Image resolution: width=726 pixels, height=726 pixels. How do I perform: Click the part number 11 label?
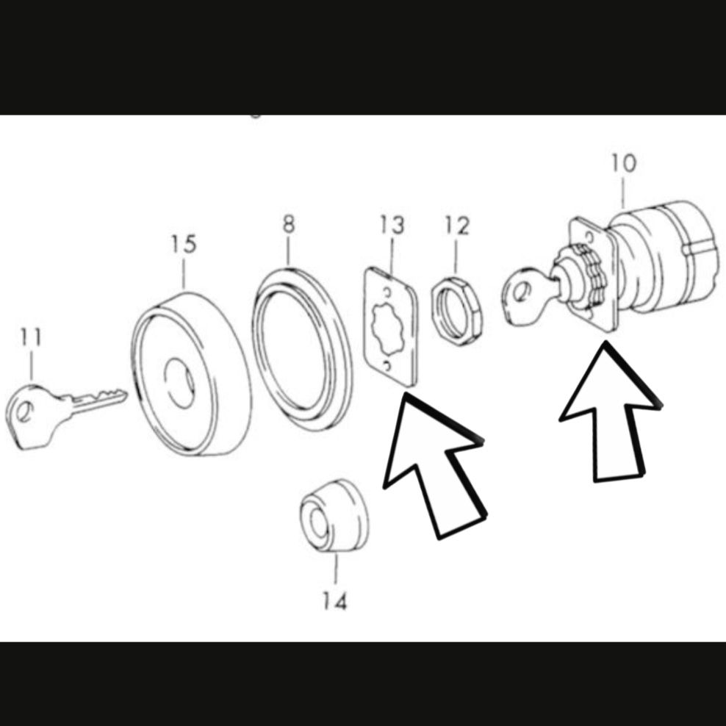click(31, 337)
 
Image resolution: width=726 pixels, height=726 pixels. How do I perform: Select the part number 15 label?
click(184, 244)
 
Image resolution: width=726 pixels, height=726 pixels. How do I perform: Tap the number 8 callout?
click(288, 224)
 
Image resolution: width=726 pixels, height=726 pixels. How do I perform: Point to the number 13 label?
click(392, 225)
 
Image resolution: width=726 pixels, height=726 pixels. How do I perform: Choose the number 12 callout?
click(456, 226)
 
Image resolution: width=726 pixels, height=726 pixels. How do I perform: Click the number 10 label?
click(624, 163)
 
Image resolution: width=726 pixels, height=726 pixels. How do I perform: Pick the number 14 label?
click(334, 601)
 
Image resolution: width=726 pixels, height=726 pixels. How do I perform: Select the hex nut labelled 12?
click(456, 311)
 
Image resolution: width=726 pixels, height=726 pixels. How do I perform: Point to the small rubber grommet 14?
click(334, 517)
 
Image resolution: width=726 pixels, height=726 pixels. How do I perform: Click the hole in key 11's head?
click(25, 411)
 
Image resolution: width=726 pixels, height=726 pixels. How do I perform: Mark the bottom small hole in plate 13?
click(387, 366)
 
